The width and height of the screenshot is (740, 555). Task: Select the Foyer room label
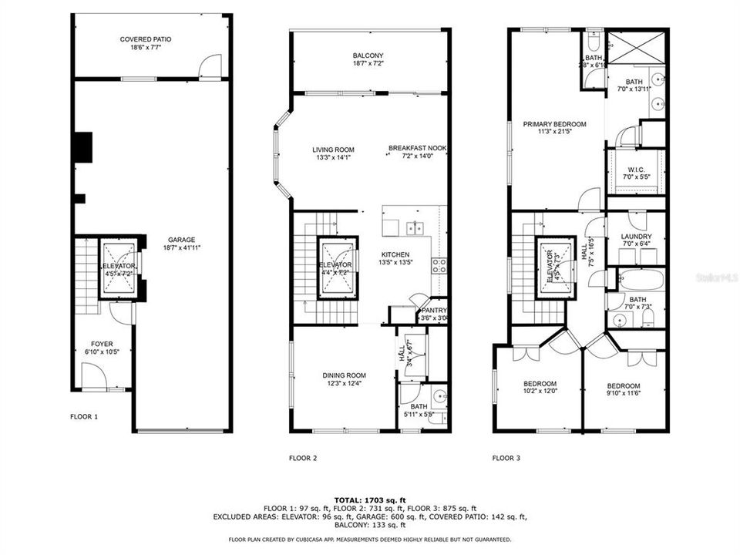102,345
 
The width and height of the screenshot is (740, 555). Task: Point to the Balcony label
368,55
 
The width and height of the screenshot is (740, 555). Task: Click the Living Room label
333,150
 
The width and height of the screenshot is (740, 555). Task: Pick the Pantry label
432,311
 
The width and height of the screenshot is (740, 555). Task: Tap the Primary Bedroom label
554,124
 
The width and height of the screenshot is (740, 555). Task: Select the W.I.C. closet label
636,170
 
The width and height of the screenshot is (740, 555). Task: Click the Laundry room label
636,237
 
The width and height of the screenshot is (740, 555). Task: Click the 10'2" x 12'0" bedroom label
540,383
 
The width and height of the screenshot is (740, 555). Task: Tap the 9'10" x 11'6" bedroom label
623,385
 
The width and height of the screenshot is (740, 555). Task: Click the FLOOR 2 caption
303,458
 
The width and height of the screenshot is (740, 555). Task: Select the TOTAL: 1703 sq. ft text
370,499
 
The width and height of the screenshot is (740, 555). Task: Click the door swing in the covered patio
209,66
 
